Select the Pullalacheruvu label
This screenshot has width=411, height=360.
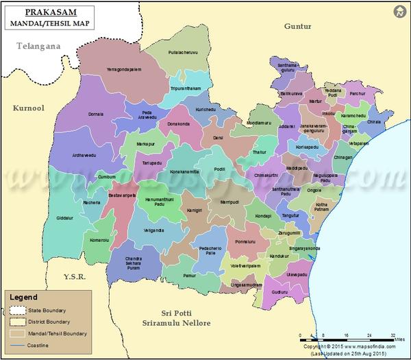(x=188, y=51)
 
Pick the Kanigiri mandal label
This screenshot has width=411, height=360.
(x=195, y=210)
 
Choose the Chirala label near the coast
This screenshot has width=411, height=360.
(x=374, y=121)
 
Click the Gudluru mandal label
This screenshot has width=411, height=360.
(x=279, y=291)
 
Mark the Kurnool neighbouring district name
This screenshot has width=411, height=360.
(x=28, y=108)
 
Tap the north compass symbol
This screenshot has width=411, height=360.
(x=399, y=11)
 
